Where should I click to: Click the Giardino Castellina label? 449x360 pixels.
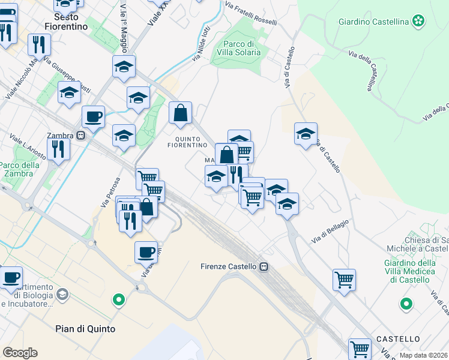pos(373,22)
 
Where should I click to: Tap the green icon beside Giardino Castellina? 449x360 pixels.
pos(418,22)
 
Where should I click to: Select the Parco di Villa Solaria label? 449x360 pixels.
pos(241,48)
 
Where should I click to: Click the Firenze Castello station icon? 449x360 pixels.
pos(264,266)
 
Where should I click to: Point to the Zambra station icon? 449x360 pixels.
pos(80,136)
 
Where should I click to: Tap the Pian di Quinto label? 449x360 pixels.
pos(85,329)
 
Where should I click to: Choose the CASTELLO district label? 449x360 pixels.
pos(398,339)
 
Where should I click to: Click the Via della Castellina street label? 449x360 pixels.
pos(366,70)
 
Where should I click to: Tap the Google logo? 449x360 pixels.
pos(20,353)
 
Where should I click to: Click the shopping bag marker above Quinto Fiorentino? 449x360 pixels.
pos(180,113)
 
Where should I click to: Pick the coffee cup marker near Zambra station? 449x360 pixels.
pos(93,117)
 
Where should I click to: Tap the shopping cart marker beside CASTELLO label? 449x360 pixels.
pos(360,348)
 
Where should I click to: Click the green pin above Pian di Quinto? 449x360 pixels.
pos(119,299)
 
